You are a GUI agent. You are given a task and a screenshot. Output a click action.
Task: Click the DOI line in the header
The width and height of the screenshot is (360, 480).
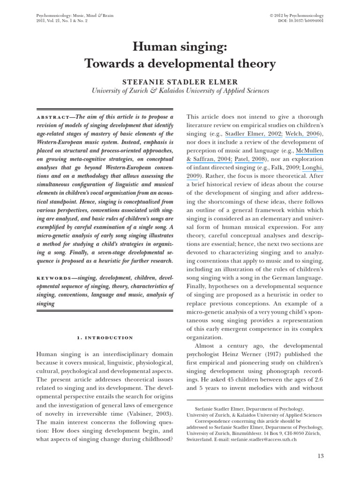point(296,21)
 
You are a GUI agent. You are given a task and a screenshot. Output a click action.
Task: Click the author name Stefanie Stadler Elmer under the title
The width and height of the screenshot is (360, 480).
point(180,81)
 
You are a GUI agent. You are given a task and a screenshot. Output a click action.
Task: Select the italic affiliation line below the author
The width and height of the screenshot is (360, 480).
point(180,91)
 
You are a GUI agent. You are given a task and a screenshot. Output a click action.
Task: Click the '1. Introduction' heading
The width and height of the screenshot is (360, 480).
point(105,337)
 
